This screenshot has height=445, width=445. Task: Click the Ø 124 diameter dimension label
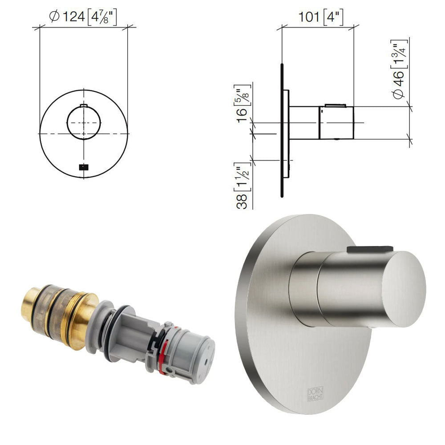click(83, 17)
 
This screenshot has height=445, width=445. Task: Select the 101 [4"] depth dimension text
click(321, 17)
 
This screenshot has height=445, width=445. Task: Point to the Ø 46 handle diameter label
click(400, 69)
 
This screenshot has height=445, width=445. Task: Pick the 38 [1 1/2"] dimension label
click(242, 186)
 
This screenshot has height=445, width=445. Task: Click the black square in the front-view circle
click(84, 167)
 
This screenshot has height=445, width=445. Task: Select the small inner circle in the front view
click(84, 123)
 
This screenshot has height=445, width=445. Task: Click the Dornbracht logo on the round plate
click(316, 394)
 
